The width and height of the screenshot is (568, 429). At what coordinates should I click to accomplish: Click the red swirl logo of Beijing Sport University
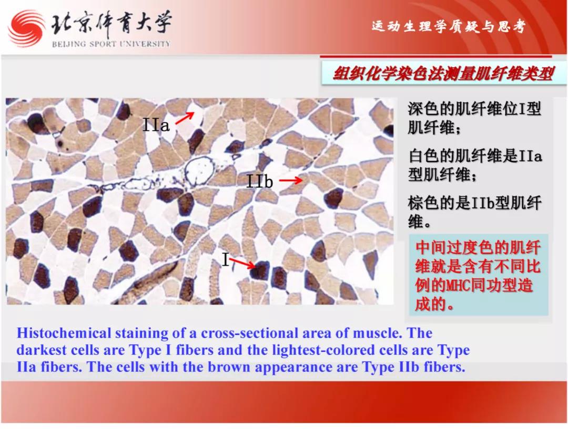click(26, 28)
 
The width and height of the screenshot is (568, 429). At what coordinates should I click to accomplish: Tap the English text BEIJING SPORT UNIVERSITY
click(111, 44)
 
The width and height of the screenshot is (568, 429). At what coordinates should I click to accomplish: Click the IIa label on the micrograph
click(156, 125)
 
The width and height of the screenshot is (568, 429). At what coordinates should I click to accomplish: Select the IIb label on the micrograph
click(259, 181)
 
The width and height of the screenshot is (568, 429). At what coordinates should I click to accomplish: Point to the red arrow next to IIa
click(185, 118)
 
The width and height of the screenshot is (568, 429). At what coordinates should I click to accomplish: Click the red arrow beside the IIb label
click(290, 180)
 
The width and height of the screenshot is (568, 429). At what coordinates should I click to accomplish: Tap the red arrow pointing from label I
click(242, 263)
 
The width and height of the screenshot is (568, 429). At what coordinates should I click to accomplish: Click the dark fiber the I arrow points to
click(260, 270)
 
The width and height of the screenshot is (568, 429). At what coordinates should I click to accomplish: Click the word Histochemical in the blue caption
click(64, 333)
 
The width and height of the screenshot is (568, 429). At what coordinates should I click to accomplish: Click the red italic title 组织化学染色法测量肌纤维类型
click(443, 74)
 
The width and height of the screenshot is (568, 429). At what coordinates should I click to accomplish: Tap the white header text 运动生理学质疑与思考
click(448, 26)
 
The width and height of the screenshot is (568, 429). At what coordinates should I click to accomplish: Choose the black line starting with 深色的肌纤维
click(474, 108)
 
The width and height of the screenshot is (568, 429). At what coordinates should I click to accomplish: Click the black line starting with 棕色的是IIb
click(475, 203)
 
